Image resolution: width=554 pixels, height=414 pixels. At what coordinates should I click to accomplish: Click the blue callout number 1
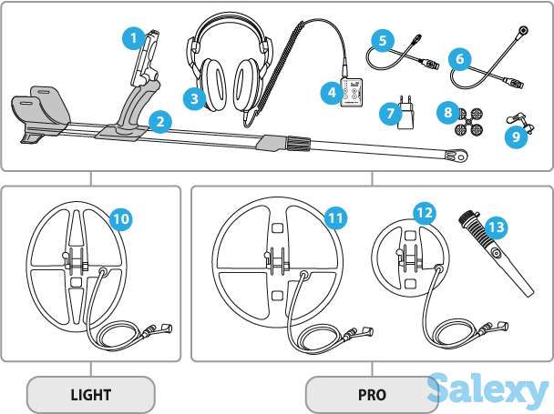coord(133,38)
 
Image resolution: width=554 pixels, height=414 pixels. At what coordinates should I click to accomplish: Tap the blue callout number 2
coord(159,120)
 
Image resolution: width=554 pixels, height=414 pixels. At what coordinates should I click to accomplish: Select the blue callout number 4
coord(329,92)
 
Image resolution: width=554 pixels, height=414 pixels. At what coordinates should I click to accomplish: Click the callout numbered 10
coord(121,219)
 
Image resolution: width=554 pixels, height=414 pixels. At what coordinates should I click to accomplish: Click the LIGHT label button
coord(90,395)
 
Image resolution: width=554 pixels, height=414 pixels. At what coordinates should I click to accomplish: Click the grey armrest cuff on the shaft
coord(43,107)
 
